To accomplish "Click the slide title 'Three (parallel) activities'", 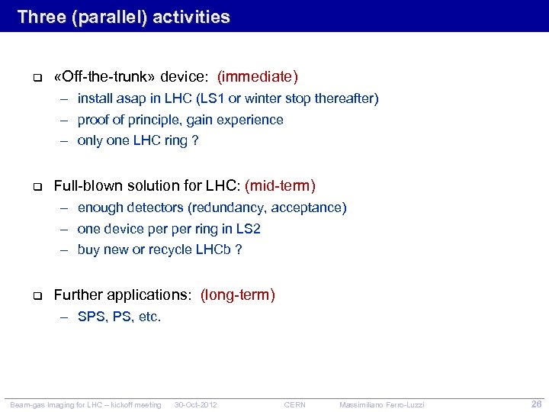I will (123, 17).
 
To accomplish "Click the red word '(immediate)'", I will (258, 76).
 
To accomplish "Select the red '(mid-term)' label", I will (280, 185).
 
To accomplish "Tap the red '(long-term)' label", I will (238, 295).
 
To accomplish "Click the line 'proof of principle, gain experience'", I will (180, 120).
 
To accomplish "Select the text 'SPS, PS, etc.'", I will (119, 317).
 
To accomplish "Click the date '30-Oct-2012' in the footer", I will (196, 404).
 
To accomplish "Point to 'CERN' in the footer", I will (294, 404).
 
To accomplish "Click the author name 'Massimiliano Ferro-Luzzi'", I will (382, 404).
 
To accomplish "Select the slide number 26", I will (536, 404).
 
